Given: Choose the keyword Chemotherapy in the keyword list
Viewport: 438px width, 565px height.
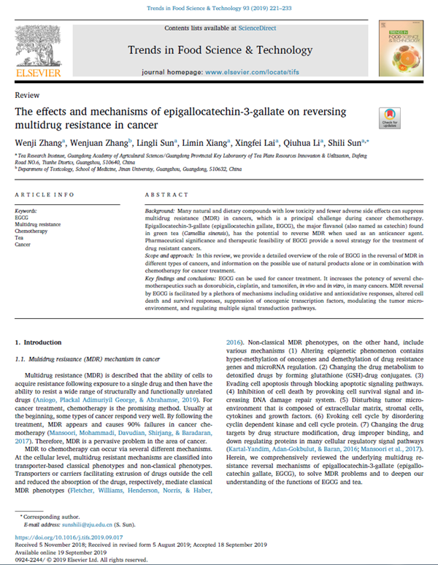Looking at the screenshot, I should coord(31,228).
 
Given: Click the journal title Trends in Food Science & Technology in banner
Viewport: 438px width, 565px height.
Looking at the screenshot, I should coord(220,50).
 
